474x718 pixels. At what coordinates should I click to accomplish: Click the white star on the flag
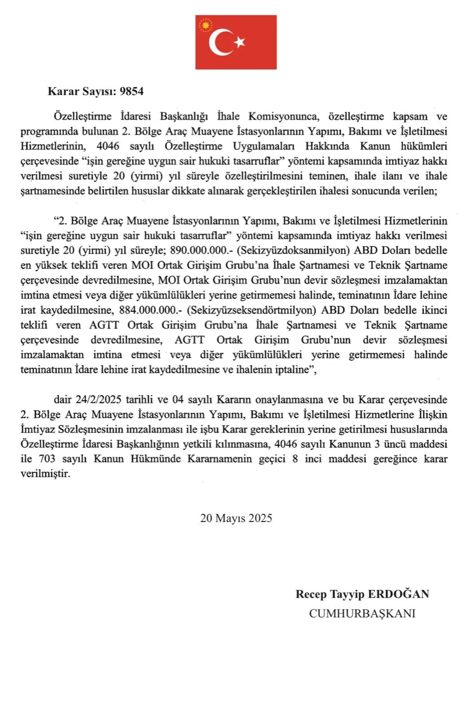coord(240,42)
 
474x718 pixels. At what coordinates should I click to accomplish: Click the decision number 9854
coord(132,92)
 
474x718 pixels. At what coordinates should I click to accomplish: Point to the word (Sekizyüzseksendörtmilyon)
coord(248,310)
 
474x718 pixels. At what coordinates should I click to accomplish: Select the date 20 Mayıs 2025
coord(236,518)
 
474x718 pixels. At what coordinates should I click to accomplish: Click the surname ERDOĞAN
coord(399,594)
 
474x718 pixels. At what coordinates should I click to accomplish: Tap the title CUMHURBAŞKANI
coord(362,613)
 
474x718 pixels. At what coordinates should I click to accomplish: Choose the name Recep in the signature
coord(311,594)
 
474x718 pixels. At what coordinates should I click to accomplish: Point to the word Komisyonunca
coord(284,117)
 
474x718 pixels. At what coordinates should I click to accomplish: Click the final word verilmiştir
coord(45,474)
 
